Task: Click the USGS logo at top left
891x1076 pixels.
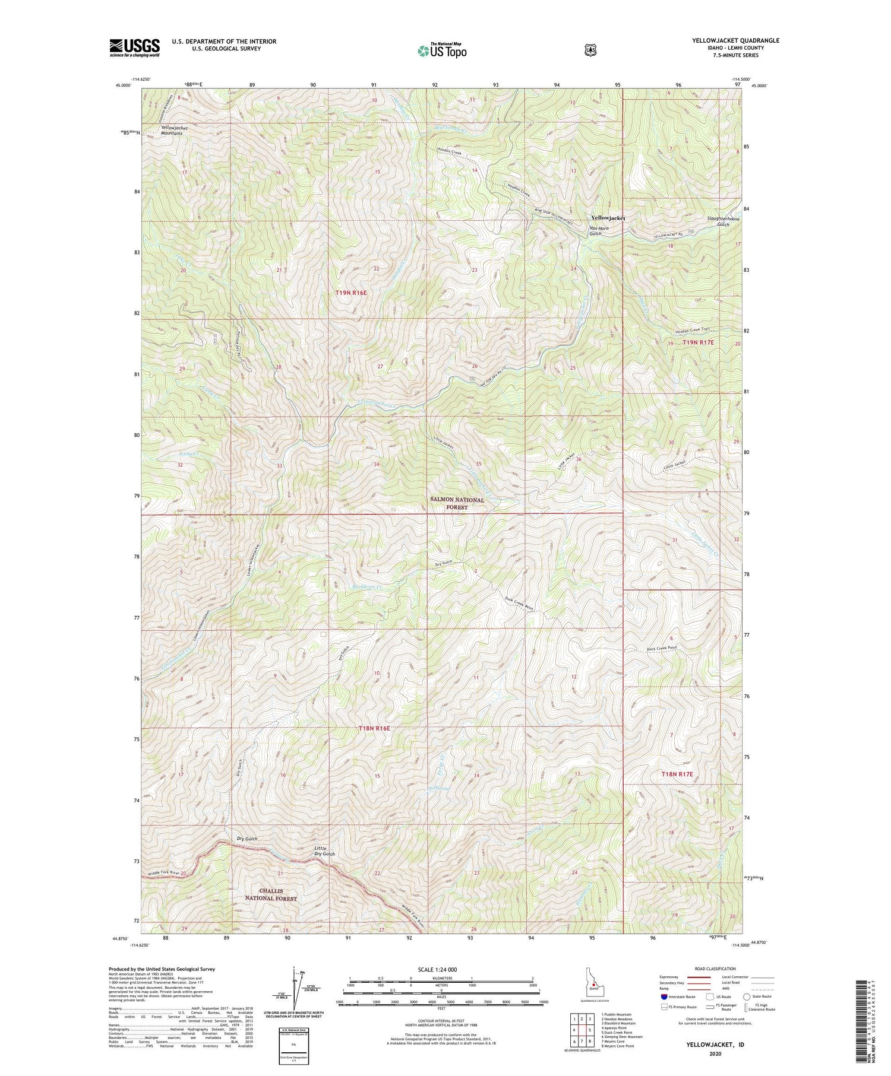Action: click(x=134, y=47)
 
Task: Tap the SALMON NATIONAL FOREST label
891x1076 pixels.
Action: click(x=457, y=503)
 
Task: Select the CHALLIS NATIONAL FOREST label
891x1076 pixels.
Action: click(x=269, y=894)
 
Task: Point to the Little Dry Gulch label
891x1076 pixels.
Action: click(x=324, y=850)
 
